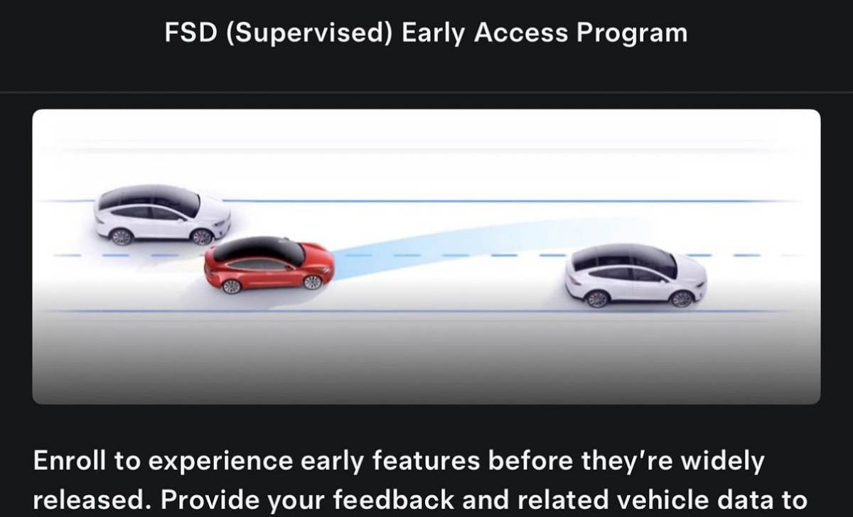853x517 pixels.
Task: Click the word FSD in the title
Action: coord(191,33)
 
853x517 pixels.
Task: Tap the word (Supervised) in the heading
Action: coord(309,33)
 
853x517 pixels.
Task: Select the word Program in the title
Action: coord(632,33)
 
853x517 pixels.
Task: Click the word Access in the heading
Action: coord(520,33)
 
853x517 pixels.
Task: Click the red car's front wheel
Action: coord(313,282)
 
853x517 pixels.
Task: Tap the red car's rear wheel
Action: coord(231,286)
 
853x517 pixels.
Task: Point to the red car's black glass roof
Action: coord(259,249)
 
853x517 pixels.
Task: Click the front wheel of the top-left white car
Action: coord(202,237)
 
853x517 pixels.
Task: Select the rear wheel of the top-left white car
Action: coord(122,237)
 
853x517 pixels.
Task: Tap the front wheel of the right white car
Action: coord(681,299)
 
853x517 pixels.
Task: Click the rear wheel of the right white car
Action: coord(596,299)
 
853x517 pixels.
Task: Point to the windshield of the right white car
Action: coord(669,265)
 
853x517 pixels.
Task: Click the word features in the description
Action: coord(426,461)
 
